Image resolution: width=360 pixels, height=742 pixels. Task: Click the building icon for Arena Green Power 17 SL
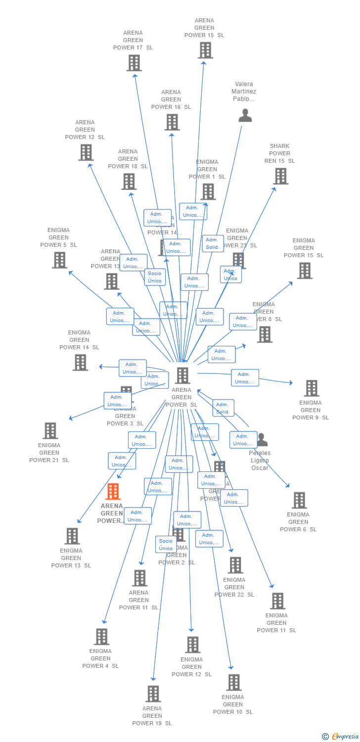[134, 63]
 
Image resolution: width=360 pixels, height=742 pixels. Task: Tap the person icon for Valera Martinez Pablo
[245, 115]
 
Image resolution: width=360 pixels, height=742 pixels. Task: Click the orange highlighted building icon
[113, 491]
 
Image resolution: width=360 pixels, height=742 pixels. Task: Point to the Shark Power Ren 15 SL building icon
[280, 176]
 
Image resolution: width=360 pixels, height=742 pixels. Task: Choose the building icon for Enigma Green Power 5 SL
[59, 260]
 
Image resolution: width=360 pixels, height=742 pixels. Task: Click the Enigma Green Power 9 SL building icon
[311, 388]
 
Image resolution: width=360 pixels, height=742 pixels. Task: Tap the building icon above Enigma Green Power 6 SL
[299, 500]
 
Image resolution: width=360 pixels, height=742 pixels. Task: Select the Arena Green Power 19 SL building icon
[153, 694]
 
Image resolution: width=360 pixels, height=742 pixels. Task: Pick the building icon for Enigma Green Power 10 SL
[233, 682]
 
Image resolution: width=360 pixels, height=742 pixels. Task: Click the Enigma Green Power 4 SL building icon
[101, 637]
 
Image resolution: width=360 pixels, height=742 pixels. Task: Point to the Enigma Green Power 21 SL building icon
[50, 431]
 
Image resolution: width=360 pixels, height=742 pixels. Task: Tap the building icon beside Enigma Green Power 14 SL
[80, 363]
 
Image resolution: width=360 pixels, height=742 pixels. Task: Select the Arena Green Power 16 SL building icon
[172, 122]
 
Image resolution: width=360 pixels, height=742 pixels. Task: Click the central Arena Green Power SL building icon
[182, 375]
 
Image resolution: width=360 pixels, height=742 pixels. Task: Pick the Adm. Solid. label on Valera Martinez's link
[213, 243]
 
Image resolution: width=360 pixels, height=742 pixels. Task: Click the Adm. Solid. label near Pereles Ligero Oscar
[223, 408]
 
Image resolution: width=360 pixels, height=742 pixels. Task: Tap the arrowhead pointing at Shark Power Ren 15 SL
[274, 188]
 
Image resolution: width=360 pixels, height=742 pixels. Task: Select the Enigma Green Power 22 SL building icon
[235, 565]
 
